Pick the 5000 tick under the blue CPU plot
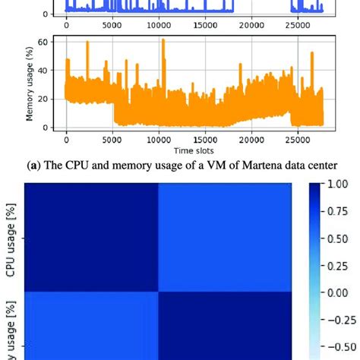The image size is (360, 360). tap(112, 25)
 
